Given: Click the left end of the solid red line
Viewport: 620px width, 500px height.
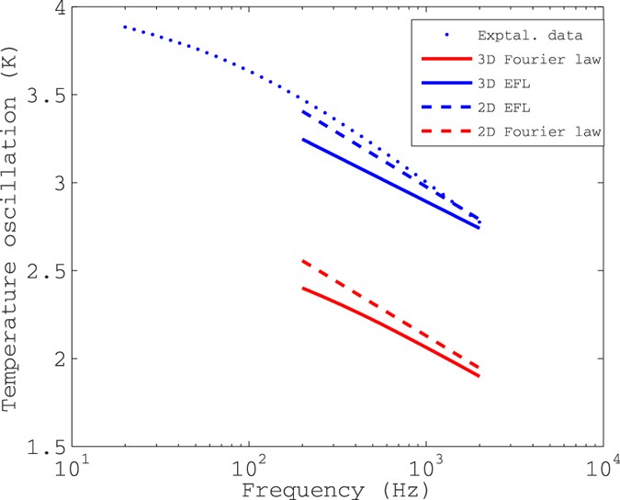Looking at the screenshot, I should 303,288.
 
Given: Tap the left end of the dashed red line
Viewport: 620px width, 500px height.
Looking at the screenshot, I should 303,261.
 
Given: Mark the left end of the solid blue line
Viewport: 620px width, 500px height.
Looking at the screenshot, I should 303,140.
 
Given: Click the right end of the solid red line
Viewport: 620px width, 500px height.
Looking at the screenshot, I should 479,376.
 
